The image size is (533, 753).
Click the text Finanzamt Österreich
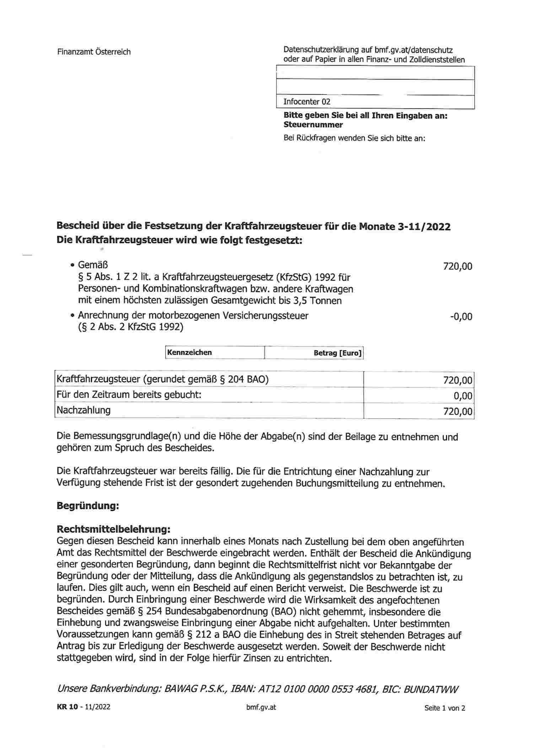94,52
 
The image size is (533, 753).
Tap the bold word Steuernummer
313,125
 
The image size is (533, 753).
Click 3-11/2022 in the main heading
424,227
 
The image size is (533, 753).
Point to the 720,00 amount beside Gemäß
457,266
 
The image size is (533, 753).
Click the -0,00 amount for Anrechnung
461,317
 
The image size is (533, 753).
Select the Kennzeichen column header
189,353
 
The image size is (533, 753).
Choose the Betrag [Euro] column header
337,353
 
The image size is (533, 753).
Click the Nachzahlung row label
84,410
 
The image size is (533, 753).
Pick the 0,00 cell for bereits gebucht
463,396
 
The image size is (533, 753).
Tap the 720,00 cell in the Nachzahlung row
458,412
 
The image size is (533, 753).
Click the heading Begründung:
87,506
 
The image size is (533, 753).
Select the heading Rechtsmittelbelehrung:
113,529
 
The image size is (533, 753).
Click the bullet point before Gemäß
72,265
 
